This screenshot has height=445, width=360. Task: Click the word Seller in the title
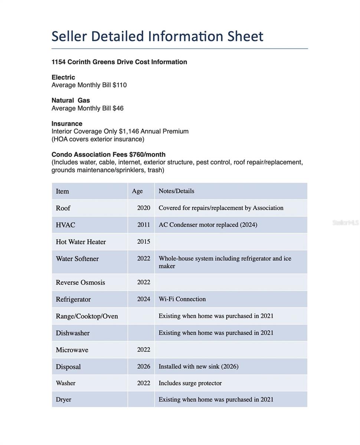coord(69,36)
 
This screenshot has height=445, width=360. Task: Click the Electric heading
coord(63,77)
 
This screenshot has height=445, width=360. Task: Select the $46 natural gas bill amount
coord(118,108)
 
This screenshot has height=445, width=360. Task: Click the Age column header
coord(137,191)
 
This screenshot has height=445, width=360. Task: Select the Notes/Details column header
coord(176,191)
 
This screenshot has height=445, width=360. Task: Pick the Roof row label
coord(63,208)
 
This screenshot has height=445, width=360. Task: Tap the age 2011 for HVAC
coord(144,225)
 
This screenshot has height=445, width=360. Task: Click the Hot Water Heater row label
coord(81,242)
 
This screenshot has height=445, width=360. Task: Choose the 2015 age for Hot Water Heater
coord(144,241)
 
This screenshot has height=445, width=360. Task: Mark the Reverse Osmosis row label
coord(80,282)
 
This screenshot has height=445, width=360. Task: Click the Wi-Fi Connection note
coord(182,299)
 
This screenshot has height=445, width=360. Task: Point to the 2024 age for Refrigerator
coord(144,299)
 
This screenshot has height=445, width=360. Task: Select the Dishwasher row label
coord(72,333)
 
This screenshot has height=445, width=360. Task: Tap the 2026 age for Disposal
coord(144,366)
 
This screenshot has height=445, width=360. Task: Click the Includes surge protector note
coord(190,383)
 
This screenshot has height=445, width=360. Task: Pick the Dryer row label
coord(63,399)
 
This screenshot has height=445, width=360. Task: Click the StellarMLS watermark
coord(345,222)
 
